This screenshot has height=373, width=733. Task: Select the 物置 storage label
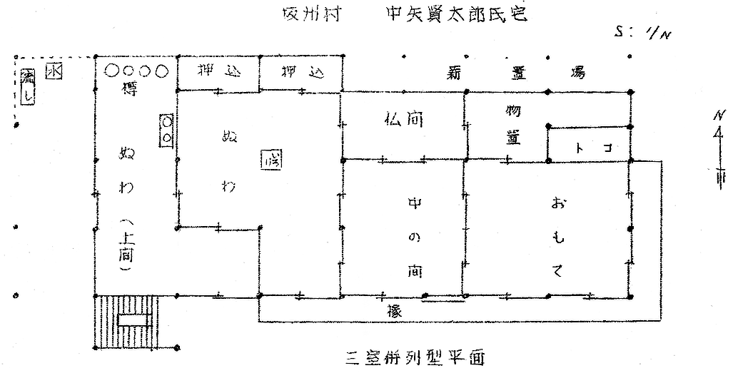pos(512,126)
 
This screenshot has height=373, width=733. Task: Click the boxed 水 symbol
pos(52,72)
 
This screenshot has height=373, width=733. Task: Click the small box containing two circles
pos(166,129)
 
